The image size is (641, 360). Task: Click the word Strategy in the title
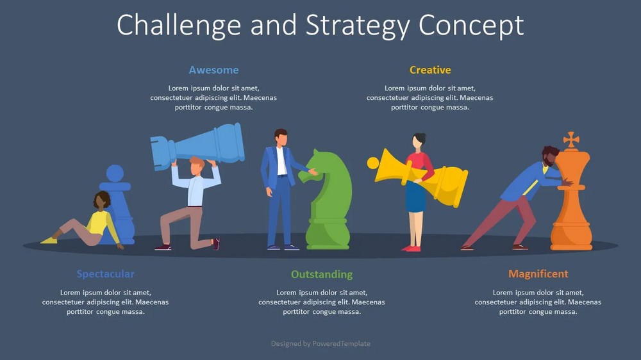pos(357,26)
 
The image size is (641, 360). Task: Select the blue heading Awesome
pos(214,70)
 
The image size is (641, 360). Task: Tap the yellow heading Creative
pos(430,70)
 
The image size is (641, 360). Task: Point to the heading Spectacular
pos(106,274)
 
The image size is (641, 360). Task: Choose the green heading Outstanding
pos(322,274)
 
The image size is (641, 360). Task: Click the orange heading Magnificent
pos(538,274)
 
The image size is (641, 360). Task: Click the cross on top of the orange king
pos(571,140)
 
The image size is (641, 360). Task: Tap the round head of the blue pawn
pos(115,173)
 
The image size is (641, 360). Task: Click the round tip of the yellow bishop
pos(373,163)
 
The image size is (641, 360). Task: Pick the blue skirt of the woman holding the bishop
pos(416,197)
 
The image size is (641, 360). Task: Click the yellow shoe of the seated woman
pos(49,240)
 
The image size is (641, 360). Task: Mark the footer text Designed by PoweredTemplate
pos(320,343)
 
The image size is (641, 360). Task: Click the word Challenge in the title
pos(179,26)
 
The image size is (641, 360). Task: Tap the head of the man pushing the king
pos(550,156)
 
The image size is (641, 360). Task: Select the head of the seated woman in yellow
pos(102,200)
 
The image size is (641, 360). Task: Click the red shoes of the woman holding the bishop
pos(412,249)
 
